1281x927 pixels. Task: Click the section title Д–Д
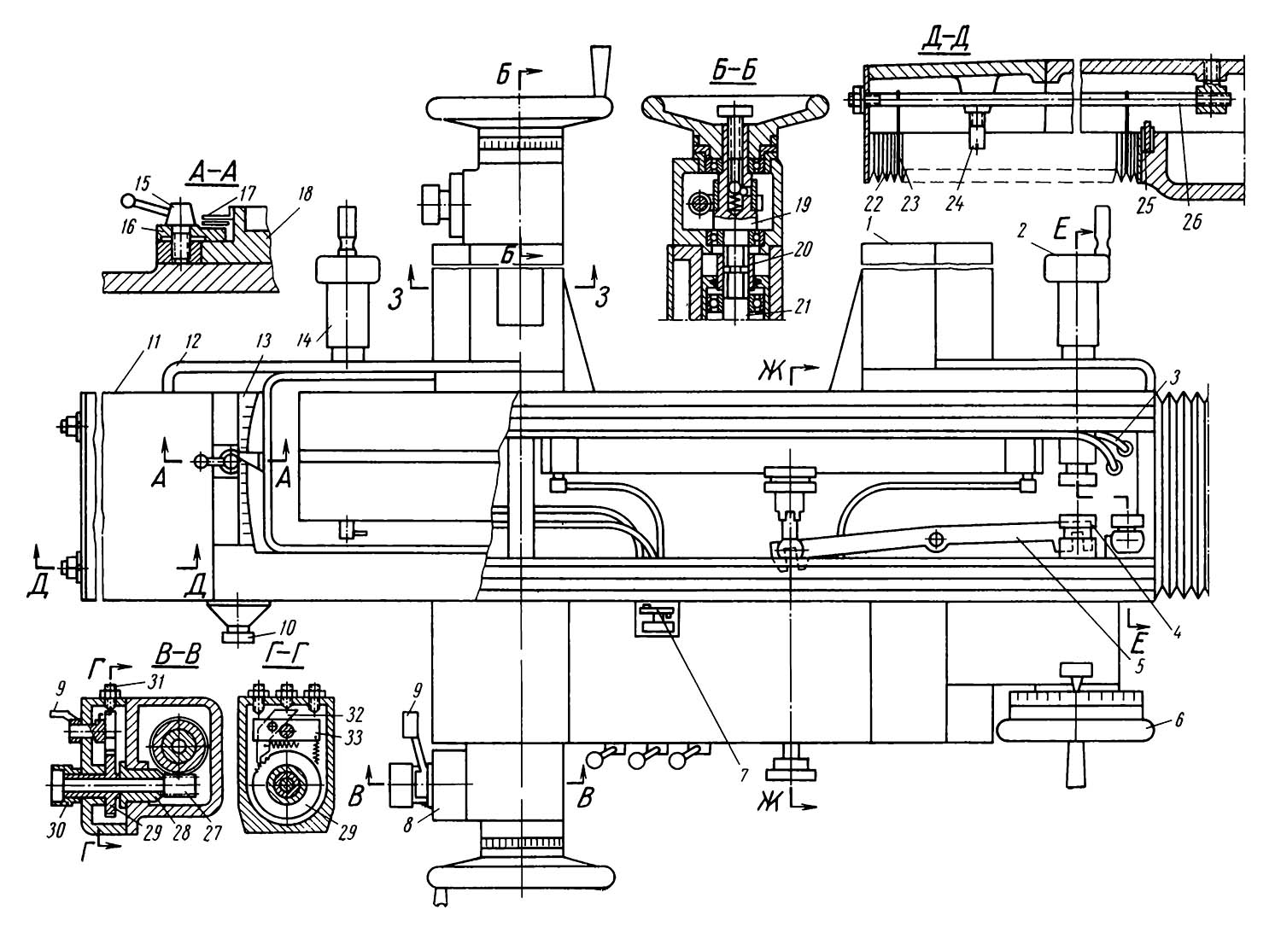point(945,39)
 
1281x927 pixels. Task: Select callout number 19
point(804,205)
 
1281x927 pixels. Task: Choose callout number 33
point(354,737)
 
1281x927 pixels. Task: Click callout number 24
point(955,203)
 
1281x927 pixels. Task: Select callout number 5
point(1141,666)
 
